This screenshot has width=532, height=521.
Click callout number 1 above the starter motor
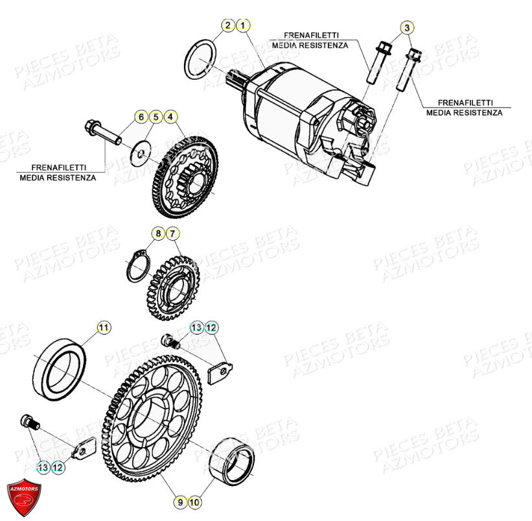243,26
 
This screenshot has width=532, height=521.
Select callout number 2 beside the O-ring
228,26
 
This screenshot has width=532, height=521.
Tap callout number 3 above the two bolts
406,27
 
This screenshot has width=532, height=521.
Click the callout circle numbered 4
170,117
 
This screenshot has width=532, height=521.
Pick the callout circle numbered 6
141,117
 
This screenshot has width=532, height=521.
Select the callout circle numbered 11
104,328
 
